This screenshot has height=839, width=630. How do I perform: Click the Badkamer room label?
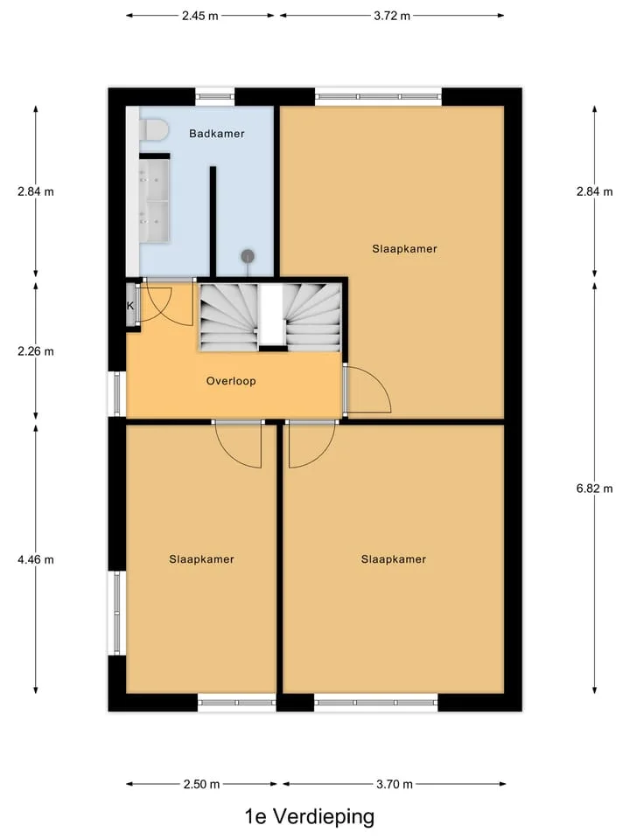[216, 134]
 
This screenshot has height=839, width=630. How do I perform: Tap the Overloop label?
[231, 381]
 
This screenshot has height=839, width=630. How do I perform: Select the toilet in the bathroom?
[154, 130]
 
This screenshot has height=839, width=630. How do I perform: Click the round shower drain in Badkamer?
[247, 256]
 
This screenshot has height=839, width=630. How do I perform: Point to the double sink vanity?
[154, 200]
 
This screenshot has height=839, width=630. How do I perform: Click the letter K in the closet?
[130, 306]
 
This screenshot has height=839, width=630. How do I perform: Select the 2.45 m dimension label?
[199, 16]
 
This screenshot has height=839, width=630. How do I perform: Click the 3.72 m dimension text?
[392, 16]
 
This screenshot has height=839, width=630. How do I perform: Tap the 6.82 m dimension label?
[595, 489]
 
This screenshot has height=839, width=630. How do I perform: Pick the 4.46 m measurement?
[36, 559]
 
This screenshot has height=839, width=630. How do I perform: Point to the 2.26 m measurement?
[36, 351]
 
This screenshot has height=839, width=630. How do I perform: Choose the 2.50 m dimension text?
[201, 785]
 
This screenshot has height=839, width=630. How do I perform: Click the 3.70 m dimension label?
[395, 785]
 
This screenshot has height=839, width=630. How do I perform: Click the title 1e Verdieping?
[310, 816]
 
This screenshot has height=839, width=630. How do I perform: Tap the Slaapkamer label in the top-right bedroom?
[404, 249]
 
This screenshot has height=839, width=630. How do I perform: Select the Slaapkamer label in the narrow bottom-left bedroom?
[201, 559]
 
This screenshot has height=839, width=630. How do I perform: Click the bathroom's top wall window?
[215, 97]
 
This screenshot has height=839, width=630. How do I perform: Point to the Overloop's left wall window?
[116, 394]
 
